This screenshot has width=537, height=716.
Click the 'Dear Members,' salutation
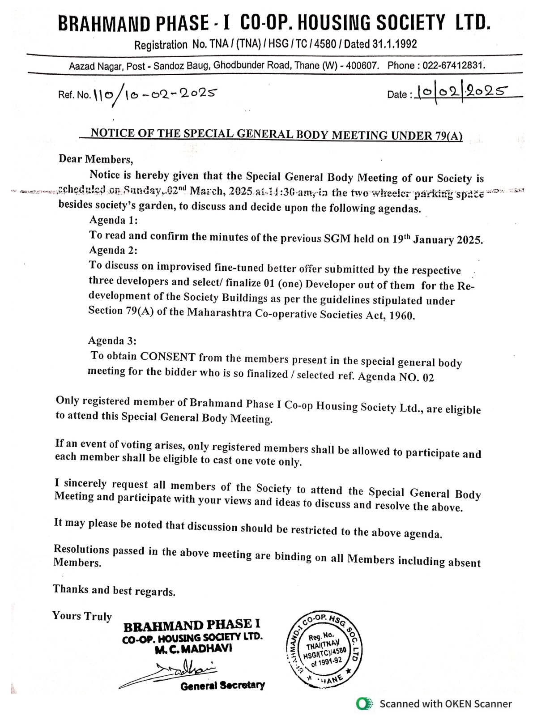point(96,159)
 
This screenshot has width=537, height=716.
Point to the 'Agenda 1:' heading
point(113,220)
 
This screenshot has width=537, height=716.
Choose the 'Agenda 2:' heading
point(113,250)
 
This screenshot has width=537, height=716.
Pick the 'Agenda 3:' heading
point(112,341)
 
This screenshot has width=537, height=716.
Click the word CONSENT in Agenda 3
point(168,357)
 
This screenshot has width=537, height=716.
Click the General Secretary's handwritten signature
point(179,673)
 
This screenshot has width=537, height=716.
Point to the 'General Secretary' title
point(222,686)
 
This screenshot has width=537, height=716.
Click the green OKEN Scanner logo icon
point(364,703)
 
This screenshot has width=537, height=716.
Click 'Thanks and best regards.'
point(114,590)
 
